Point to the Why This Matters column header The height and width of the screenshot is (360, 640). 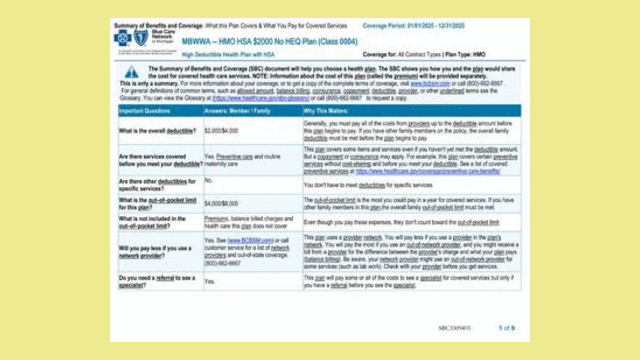[x=325, y=111]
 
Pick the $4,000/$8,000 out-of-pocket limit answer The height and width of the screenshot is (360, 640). [x=221, y=203]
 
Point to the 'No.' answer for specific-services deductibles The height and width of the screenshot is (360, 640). [x=209, y=180]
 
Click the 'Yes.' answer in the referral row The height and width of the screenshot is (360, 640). [x=210, y=281]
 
